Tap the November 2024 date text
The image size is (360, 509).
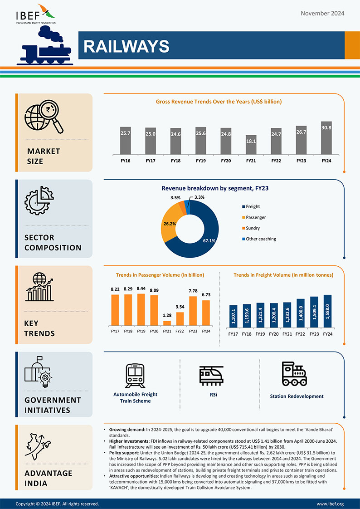pos(322,13)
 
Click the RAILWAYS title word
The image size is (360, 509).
pos(126,46)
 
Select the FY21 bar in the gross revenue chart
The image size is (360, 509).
pos(251,145)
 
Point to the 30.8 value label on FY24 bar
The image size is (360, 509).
pos(326,128)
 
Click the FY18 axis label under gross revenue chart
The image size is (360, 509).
pos(175,161)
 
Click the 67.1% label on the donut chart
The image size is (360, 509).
pos(209,240)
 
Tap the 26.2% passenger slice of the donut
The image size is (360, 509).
pos(170,224)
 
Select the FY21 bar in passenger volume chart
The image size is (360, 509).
pos(167,323)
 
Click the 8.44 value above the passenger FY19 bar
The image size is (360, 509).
pos(141,289)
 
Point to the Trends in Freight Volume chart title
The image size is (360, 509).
pos(283,275)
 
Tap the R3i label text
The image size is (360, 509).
pos(214,395)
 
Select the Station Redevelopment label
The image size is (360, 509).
pos(297,396)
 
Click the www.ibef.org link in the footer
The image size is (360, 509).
pos(330,504)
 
